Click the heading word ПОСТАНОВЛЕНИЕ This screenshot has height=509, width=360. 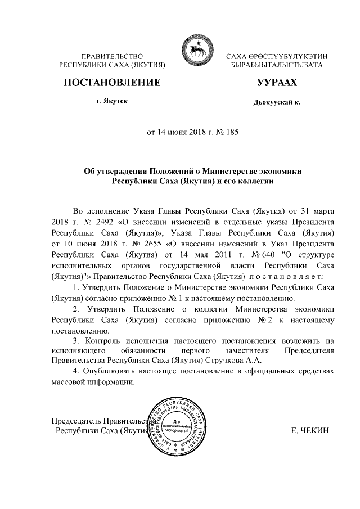coord(112,83)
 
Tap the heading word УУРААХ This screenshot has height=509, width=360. coord(276,83)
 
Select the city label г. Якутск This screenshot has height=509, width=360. coord(112,101)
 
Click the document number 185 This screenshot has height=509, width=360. coord(231,133)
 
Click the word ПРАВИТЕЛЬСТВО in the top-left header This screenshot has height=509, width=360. coord(113,57)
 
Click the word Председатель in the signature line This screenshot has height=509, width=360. coord(76,421)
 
